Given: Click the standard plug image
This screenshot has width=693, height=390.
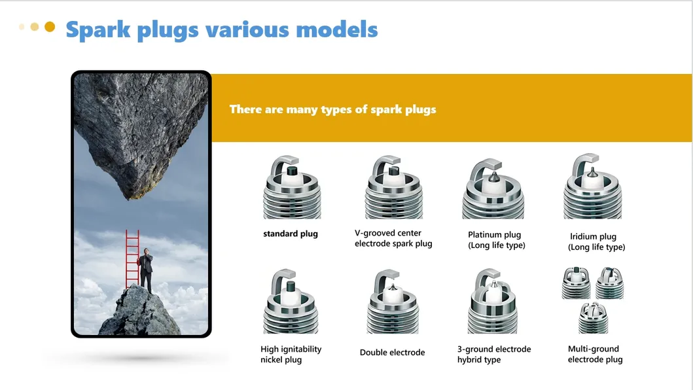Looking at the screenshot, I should pyautogui.click(x=291, y=188).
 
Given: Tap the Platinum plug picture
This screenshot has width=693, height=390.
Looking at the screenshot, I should pyautogui.click(x=493, y=189).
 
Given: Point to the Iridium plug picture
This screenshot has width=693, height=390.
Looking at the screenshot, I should pyautogui.click(x=592, y=188).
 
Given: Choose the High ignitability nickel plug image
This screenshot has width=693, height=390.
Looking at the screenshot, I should pyautogui.click(x=291, y=302).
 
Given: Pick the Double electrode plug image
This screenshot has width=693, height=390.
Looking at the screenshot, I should pyautogui.click(x=393, y=302).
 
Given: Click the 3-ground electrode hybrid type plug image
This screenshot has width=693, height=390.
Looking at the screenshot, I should pyautogui.click(x=493, y=302).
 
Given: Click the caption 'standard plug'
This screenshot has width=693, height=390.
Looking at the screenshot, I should pyautogui.click(x=291, y=234).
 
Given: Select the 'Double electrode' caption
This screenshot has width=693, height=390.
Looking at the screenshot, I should pyautogui.click(x=392, y=353).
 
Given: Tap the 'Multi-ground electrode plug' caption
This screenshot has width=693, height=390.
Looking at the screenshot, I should pyautogui.click(x=595, y=354).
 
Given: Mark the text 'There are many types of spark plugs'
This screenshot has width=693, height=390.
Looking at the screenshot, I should pyautogui.click(x=332, y=109).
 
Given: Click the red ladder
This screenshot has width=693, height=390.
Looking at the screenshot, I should pyautogui.click(x=132, y=260).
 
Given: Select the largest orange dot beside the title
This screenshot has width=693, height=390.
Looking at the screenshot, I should pyautogui.click(x=50, y=27).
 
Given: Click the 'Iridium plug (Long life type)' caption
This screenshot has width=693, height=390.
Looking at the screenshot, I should pyautogui.click(x=596, y=242).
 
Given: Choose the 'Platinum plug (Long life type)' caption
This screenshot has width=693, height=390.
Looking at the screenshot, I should pyautogui.click(x=497, y=240).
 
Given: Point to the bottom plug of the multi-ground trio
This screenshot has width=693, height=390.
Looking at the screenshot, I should pyautogui.click(x=592, y=318).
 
